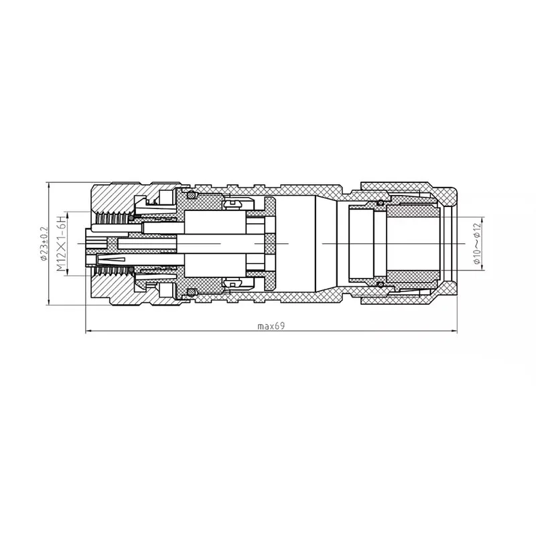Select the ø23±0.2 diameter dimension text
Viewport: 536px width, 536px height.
(43, 244)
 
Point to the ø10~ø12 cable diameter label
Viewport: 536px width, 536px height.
(476, 244)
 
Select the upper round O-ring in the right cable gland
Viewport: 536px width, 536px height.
(380, 202)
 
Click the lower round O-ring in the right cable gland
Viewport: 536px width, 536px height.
(380, 285)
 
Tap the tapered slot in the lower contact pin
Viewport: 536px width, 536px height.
(111, 259)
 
